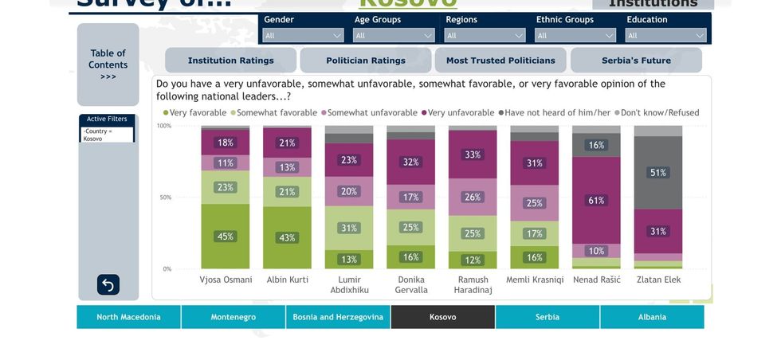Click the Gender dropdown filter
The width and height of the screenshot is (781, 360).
303,35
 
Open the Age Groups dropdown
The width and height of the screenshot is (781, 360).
394,35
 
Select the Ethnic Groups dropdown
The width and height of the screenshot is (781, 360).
575,35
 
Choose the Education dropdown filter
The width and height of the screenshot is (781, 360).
666,35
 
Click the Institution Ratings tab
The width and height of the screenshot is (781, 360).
230,61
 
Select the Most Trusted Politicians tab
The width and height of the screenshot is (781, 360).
500,61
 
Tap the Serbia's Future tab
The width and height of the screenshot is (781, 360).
636,61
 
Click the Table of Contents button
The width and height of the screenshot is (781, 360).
108,65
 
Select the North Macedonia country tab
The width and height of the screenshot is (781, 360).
128,317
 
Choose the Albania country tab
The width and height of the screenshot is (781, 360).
652,317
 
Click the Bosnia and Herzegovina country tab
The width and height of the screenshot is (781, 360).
338,317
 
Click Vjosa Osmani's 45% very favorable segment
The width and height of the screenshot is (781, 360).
226,237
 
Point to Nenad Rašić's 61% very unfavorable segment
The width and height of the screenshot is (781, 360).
596,201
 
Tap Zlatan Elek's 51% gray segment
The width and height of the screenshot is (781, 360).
658,173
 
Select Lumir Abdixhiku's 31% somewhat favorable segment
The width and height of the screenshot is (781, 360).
349,228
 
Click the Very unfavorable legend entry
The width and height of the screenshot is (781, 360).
461,113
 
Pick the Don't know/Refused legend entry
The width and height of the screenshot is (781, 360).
659,113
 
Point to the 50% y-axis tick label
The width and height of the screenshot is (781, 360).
165,198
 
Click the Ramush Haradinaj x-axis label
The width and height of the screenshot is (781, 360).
473,284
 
